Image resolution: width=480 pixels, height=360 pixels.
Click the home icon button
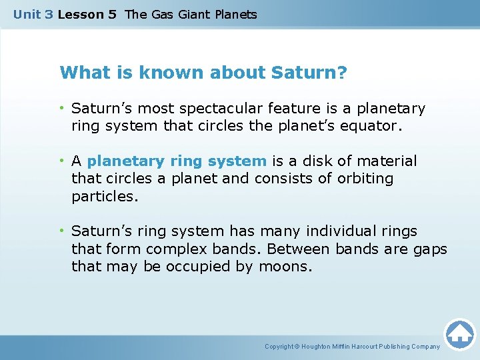pyautogui.click(x=459, y=334)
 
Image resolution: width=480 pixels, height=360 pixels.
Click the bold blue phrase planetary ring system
pyautogui.click(x=177, y=161)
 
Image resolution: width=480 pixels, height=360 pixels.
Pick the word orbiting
pyautogui.click(x=366, y=179)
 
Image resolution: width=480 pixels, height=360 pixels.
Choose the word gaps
pyautogui.click(x=431, y=249)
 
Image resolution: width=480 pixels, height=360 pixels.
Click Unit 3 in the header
pyautogui.click(x=33, y=14)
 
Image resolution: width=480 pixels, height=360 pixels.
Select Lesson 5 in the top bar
pyautogui.click(x=87, y=14)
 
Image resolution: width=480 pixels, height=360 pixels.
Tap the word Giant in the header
pyautogui.click(x=193, y=14)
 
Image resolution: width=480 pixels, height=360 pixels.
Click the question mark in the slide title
pyautogui.click(x=343, y=72)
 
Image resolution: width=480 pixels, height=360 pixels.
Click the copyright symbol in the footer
pyautogui.click(x=297, y=347)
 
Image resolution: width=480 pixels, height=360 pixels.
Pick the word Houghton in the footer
pyautogui.click(x=317, y=347)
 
